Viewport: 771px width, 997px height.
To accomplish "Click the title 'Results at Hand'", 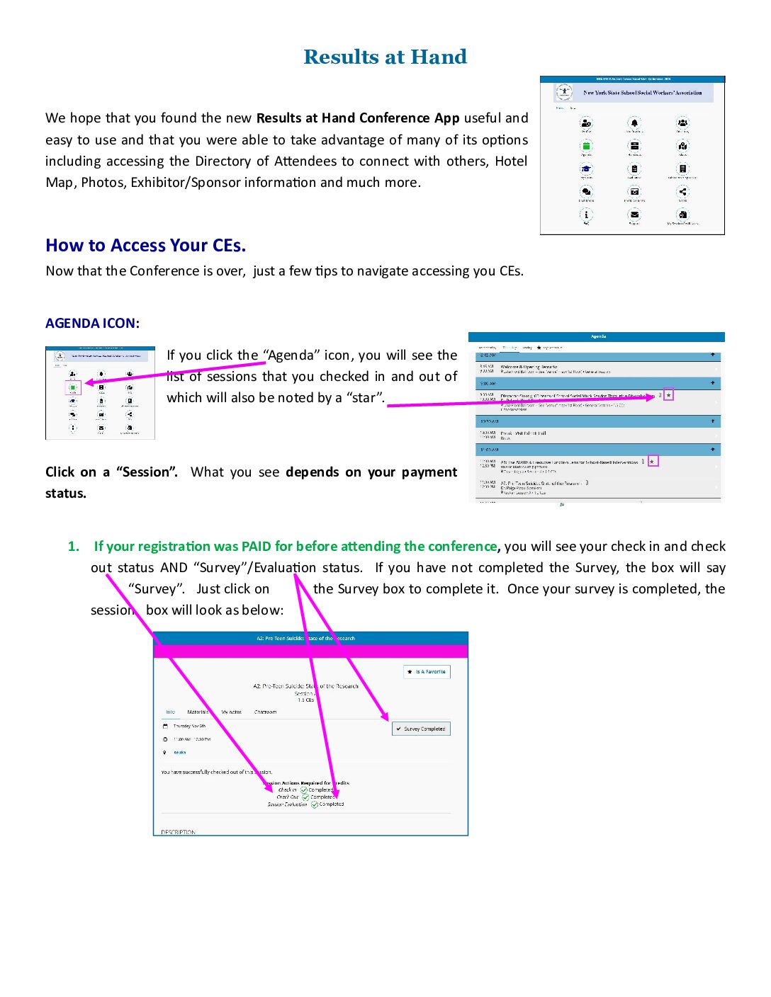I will [385, 57].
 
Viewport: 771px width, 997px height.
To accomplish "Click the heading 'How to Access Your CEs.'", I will [145, 245].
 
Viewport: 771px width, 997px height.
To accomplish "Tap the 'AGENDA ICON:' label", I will [92, 324].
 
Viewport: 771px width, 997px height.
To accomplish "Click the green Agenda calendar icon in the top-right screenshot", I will [586, 146].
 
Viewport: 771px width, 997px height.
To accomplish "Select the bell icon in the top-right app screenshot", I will [634, 123].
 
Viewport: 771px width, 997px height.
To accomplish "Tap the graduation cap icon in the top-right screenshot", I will [586, 169].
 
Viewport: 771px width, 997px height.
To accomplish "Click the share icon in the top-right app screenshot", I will [682, 191].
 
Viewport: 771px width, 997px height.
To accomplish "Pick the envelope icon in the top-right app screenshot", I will [634, 215].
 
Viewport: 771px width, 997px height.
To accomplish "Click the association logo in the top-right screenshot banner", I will [564, 91].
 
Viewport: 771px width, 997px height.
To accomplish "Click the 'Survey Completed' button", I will [421, 729].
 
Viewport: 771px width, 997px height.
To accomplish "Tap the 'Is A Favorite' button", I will [427, 671].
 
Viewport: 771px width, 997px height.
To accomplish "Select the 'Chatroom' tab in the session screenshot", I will [265, 712].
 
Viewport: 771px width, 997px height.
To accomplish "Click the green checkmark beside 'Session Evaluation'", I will [315, 804].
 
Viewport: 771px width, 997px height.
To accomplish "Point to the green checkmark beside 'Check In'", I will [304, 790].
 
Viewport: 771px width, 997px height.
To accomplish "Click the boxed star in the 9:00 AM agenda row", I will [668, 395].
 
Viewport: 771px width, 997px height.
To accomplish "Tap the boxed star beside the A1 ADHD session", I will [653, 461].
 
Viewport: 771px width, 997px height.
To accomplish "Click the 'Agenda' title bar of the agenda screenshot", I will [597, 336].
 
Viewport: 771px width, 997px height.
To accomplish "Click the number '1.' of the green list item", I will [73, 546].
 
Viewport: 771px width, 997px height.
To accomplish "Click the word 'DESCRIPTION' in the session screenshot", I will [178, 832].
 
